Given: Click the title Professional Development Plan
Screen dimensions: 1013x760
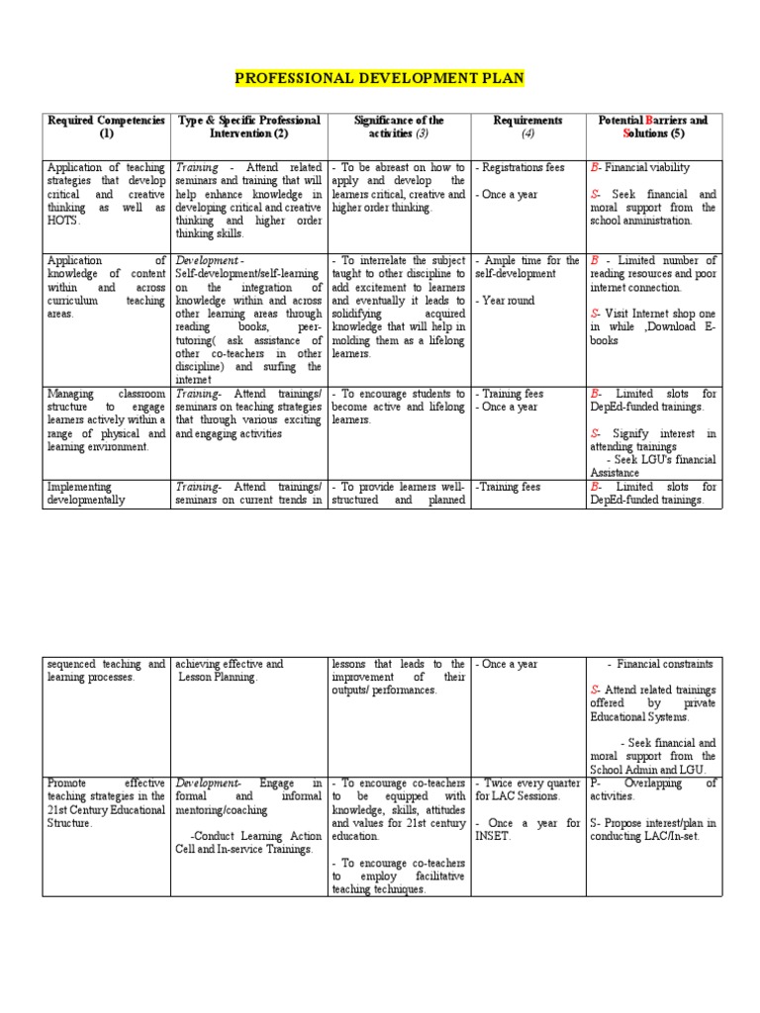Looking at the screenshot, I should coord(380,77).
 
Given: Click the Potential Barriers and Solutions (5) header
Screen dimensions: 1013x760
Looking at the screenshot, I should coord(653,127).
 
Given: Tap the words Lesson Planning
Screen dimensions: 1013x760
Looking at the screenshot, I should coord(219,678).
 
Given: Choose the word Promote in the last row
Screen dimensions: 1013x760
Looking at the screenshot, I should coord(68,783).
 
